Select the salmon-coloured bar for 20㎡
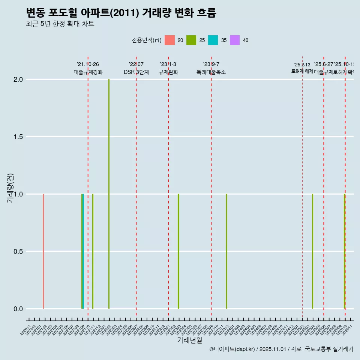(x=43, y=251)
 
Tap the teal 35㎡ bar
(x=83, y=251)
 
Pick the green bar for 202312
(x=226, y=251)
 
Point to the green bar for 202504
(x=312, y=251)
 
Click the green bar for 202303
(x=178, y=251)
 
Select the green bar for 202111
(x=93, y=251)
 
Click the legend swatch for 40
(x=234, y=40)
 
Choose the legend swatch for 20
(x=169, y=40)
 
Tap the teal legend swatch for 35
(x=213, y=40)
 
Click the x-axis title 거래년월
(x=189, y=340)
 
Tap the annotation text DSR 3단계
(x=136, y=72)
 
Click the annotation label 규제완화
(x=168, y=72)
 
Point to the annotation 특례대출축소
(x=211, y=72)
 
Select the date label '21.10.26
(x=88, y=64)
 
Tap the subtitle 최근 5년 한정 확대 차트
(x=60, y=24)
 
